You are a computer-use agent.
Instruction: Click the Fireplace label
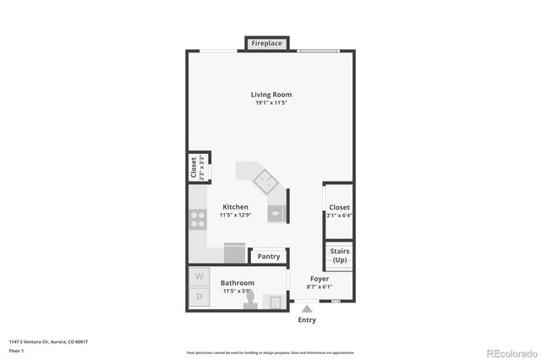click(x=267, y=42)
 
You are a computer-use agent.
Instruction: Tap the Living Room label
click(x=271, y=95)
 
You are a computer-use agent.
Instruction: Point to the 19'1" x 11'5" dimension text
click(x=271, y=103)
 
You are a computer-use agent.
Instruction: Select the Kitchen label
click(x=235, y=207)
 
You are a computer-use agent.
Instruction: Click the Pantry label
click(x=269, y=256)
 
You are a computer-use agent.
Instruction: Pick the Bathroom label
click(x=237, y=283)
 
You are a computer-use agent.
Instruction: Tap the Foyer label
click(x=320, y=279)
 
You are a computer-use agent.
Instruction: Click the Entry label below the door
click(x=307, y=320)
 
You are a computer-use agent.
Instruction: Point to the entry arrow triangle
click(x=307, y=309)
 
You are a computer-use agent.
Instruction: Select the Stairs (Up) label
click(x=339, y=256)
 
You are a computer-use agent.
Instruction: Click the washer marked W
click(x=200, y=276)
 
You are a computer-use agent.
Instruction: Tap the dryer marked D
click(x=200, y=297)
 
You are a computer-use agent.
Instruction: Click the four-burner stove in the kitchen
click(x=199, y=220)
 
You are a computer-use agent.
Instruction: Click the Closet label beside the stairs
click(x=339, y=207)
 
